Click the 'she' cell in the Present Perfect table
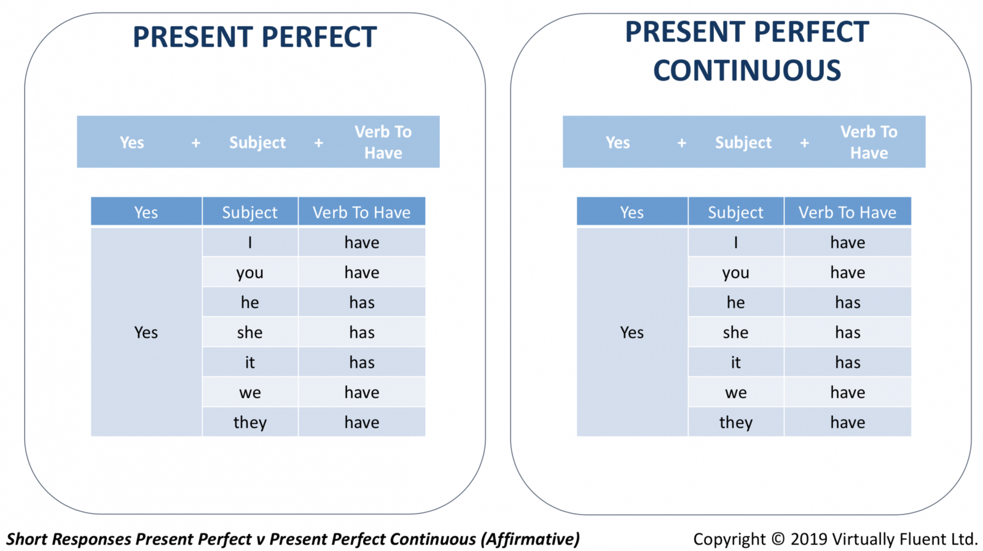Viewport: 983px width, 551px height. coord(249,332)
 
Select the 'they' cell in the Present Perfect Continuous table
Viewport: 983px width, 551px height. coord(735,423)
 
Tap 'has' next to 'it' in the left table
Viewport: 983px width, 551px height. coord(362,362)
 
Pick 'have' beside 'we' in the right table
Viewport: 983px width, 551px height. coord(847,392)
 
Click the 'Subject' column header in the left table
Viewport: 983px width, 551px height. coord(249,213)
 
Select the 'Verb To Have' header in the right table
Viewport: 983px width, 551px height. coord(847,213)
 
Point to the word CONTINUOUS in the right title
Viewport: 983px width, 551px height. coord(747,70)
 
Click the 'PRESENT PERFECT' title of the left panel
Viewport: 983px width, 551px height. coord(255,36)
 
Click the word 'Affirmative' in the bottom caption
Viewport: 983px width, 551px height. coord(531,539)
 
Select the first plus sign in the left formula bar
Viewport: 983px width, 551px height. coord(196,143)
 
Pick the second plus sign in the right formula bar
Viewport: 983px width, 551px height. coord(804,143)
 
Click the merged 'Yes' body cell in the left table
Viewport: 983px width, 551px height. coord(146,332)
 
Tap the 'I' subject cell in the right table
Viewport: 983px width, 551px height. coord(735,242)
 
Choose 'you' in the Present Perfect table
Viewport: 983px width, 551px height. coord(249,273)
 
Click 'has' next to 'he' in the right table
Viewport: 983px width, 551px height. coord(847,302)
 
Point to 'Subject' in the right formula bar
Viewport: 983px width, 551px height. coord(743,143)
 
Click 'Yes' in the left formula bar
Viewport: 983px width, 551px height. coord(131,143)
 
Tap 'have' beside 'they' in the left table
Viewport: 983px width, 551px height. coord(362,423)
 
